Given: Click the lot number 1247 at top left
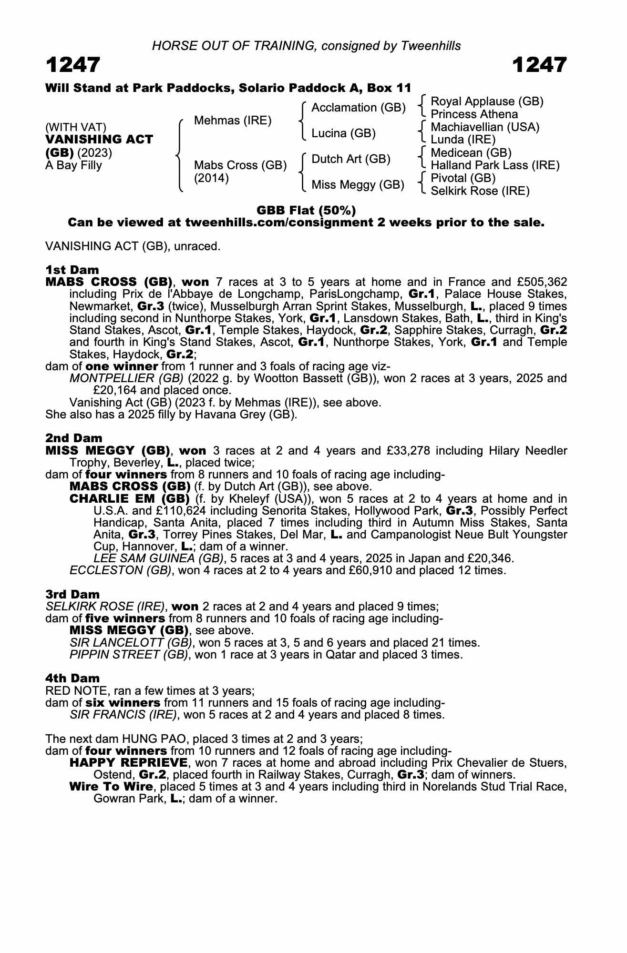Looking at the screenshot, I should click(x=73, y=65).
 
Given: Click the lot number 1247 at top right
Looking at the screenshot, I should click(x=540, y=65).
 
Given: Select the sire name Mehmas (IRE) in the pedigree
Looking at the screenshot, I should click(x=233, y=121).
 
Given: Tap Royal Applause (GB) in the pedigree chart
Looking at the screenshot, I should click(x=487, y=101).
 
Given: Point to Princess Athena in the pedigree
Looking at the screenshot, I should click(x=474, y=114).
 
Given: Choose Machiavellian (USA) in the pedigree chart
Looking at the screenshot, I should click(x=485, y=127).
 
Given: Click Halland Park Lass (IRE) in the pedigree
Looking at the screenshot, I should click(x=495, y=165).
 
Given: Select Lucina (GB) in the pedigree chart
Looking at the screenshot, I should click(x=343, y=133).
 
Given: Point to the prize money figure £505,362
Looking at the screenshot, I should click(x=540, y=282).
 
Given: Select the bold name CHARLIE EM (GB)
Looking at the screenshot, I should click(x=130, y=499).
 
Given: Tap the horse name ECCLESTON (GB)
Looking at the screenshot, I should click(x=121, y=570).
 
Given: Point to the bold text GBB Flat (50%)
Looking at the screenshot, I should click(x=306, y=210).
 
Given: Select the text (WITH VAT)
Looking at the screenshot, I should click(x=76, y=127).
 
